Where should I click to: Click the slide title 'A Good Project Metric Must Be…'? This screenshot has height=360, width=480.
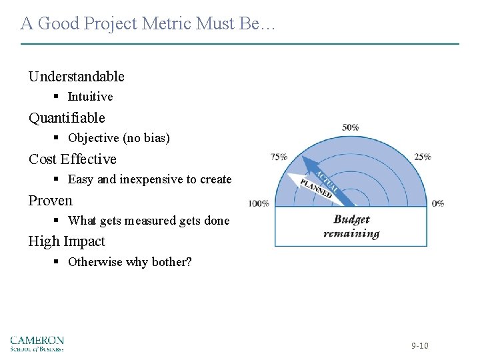pos(147,24)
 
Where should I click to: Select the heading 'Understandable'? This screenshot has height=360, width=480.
pos(76,77)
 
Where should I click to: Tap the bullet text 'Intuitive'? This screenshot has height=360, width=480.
pos(90,97)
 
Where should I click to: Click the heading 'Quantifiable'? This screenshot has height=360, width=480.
pos(67,118)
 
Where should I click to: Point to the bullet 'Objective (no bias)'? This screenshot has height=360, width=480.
pos(119,138)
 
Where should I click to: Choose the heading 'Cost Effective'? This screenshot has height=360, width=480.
pos(72,159)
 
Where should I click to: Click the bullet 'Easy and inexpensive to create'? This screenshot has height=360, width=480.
pos(149,179)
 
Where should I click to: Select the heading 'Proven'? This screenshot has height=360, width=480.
pos(50,201)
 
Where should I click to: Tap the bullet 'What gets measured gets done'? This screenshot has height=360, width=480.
pos(148,221)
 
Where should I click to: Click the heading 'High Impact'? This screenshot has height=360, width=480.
pos(67,241)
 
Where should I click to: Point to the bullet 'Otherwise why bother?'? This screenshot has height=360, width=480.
pos(129,262)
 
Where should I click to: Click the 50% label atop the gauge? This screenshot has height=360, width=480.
pos(351,127)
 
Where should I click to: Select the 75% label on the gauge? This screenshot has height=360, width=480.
pos(279,157)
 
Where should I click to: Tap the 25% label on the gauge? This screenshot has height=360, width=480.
pos(422,157)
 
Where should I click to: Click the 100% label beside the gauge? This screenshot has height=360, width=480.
pos(259,203)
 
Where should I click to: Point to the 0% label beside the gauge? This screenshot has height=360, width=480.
pos(438,203)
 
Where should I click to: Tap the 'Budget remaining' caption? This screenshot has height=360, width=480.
pos(351,227)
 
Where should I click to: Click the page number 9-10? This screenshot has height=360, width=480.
pos(419,345)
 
